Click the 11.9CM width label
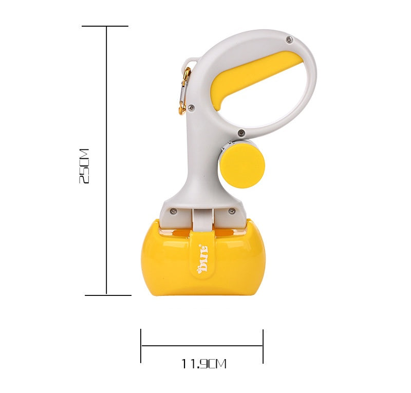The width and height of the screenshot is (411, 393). click(203, 364)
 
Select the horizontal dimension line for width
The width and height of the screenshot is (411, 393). click(202, 346)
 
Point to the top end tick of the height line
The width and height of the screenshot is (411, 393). click(105, 26)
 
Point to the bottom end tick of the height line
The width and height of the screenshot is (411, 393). click(107, 295)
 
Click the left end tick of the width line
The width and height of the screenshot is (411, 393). click(141, 346)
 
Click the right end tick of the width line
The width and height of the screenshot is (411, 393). click(263, 346)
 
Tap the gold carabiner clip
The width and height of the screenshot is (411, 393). click(184, 90)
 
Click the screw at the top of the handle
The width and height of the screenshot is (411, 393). click(289, 40)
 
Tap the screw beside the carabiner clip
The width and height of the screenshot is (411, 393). click(191, 107)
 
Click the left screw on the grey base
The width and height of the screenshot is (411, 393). click(173, 211)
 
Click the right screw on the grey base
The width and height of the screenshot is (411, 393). click(232, 211)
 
